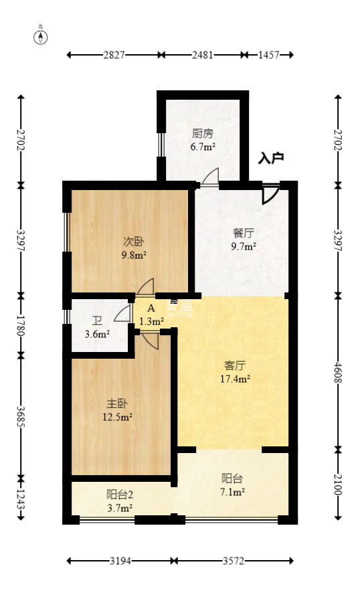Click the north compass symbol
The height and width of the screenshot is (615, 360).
41,35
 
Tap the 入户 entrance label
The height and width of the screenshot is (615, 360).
271,159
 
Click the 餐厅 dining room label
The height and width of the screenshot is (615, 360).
244,234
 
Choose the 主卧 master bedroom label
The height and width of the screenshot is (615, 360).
117,404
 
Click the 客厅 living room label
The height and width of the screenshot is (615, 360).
235,365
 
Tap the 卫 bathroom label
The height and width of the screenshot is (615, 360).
98,321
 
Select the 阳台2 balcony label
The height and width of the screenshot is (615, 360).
120,495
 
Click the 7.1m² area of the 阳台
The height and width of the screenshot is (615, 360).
233,492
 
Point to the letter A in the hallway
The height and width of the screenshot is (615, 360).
151,309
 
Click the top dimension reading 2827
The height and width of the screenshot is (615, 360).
114,56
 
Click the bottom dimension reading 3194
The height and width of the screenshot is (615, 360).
121,561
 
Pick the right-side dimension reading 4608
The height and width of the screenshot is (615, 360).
338,372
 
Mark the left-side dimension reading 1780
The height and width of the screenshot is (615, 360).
21,323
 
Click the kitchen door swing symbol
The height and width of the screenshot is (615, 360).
210,177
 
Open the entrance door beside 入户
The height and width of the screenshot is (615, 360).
270,193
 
